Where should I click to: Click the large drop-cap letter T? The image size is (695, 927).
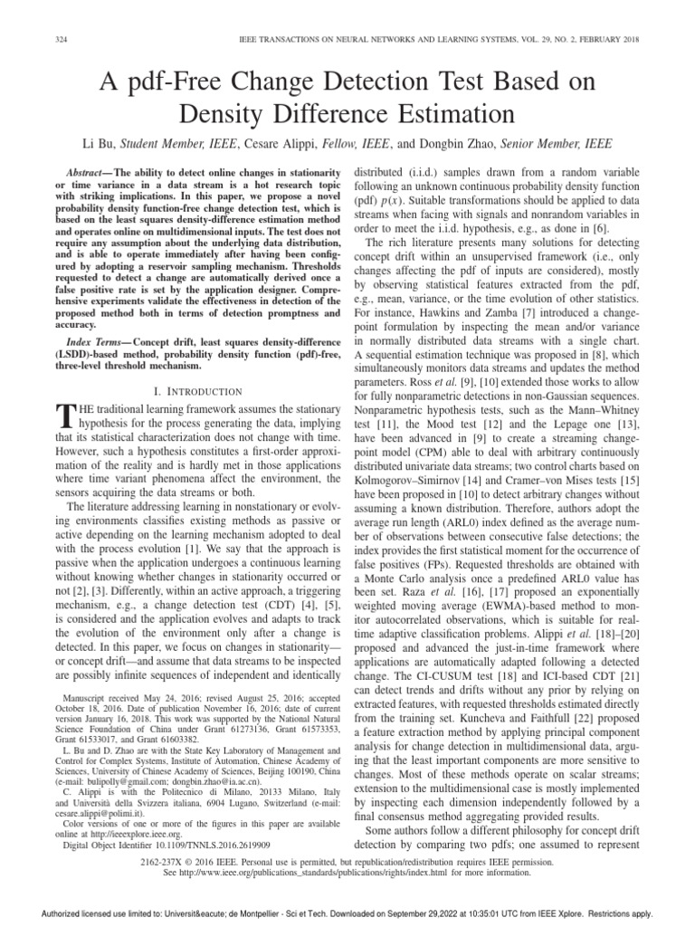tap(63, 416)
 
